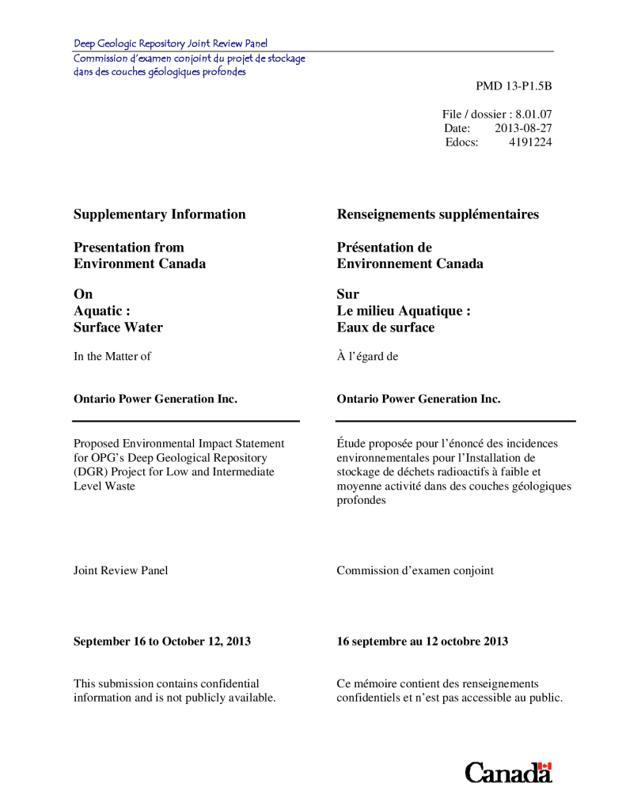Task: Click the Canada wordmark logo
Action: [x=508, y=772]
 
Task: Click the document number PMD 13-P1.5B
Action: [x=513, y=85]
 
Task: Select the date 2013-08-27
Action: [x=523, y=128]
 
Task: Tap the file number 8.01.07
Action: [x=533, y=114]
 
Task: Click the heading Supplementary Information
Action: [x=159, y=214]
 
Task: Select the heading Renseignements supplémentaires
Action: [x=438, y=214]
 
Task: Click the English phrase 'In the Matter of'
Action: [x=112, y=357]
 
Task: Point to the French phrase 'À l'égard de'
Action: [x=367, y=357]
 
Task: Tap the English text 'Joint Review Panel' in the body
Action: [x=120, y=570]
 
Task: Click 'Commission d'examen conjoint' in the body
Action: [x=415, y=570]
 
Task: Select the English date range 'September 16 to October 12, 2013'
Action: [x=162, y=642]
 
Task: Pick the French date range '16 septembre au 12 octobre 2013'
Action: [x=422, y=642]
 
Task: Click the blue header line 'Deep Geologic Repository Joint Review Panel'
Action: [x=170, y=44]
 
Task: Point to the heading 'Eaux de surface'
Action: [x=385, y=327]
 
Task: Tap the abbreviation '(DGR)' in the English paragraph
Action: [x=90, y=472]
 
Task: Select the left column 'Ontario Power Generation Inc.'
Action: [x=155, y=399]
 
